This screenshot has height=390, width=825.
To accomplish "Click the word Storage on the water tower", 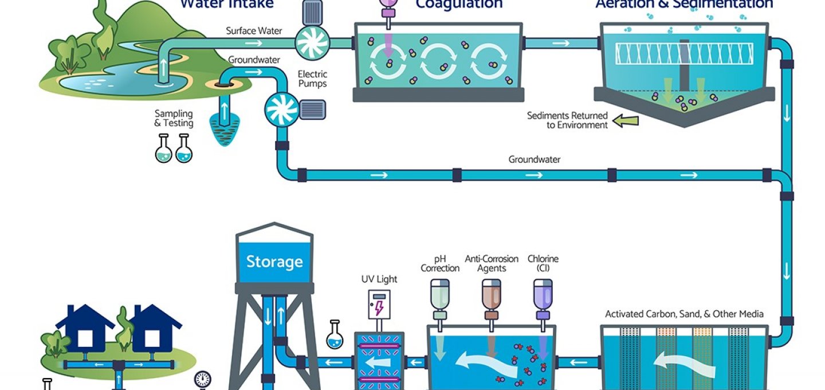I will [274, 262].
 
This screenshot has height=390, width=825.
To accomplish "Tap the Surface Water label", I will [254, 31].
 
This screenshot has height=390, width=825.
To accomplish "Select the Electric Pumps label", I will [312, 79].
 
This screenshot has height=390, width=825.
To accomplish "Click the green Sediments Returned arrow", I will [626, 120].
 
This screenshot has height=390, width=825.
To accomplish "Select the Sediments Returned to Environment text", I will [567, 120].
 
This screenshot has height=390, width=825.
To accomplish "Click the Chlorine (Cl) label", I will [543, 263].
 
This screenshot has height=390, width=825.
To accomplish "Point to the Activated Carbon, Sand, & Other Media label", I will [684, 314].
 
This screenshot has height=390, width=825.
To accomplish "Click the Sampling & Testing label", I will [174, 119].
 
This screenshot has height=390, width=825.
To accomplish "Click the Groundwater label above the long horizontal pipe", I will [534, 159].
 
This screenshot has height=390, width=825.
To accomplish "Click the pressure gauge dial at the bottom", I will [202, 379].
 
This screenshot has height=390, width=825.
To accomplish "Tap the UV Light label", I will [379, 280].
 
